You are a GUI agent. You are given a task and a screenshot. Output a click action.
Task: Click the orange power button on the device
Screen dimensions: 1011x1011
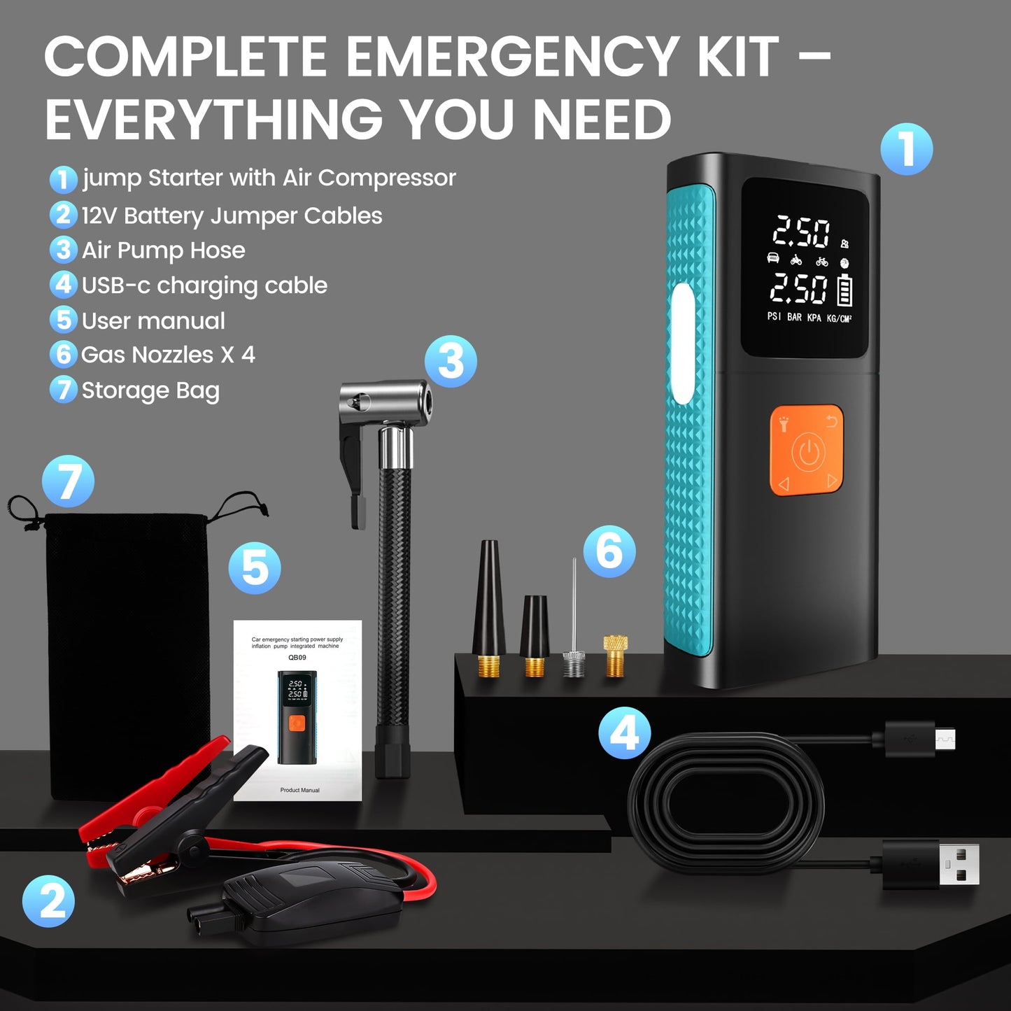(x=807, y=451)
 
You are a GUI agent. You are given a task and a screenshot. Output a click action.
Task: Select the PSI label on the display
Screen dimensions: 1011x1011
(x=774, y=317)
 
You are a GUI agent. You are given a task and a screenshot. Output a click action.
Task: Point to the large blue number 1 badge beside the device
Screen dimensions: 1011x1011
(x=906, y=149)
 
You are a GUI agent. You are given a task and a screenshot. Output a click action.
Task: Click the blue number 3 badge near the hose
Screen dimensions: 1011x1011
(x=451, y=362)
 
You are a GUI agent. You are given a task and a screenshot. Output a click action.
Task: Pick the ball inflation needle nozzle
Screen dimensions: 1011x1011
(x=574, y=630)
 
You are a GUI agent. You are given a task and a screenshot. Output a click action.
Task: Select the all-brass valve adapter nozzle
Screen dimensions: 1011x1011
(x=615, y=656)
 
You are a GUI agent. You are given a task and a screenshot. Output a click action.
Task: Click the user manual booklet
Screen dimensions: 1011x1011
(x=298, y=710)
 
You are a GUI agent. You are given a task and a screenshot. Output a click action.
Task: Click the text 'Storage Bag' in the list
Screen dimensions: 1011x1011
(x=150, y=390)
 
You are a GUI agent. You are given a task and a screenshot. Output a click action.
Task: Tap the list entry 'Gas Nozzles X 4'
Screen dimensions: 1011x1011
(x=168, y=355)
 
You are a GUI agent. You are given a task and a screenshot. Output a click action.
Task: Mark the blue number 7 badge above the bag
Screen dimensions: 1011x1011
(x=68, y=481)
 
